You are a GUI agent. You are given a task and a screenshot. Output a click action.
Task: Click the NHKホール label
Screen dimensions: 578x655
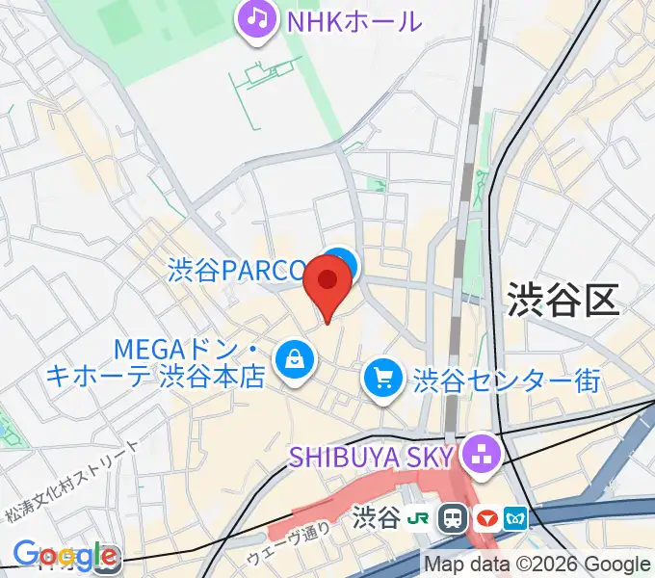pos(353,20)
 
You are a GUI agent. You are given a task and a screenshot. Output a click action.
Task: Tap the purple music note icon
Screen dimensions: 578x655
pos(256,18)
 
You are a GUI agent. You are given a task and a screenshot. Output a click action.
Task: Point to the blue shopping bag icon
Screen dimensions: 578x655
pos(294,360)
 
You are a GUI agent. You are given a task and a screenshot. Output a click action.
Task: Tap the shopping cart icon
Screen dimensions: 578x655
pos(383,377)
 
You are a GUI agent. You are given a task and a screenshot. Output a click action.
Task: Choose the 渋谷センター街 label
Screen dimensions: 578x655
pos(507,380)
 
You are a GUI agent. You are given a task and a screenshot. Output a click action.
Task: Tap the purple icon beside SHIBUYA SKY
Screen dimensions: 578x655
pos(479,451)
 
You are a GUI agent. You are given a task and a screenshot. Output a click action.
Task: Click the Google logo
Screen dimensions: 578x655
pos(65,556)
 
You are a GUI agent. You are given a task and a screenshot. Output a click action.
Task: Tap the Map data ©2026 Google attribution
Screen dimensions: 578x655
pos(538,565)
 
